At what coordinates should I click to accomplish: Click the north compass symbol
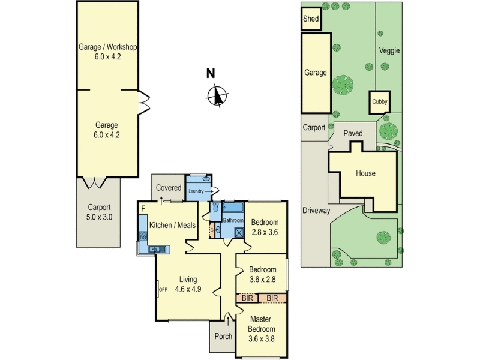[217, 96]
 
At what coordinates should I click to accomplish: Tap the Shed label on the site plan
[311, 19]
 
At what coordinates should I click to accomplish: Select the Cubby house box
[380, 102]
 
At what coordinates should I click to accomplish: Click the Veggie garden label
[389, 50]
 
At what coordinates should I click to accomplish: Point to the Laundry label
[196, 191]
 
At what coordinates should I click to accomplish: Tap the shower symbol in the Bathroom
[239, 233]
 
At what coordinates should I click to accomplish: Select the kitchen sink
[158, 250]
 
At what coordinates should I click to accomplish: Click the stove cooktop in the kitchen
[143, 236]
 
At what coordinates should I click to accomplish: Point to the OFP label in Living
[163, 289]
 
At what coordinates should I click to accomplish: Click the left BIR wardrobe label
[247, 298]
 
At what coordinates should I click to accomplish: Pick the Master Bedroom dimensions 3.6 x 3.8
[262, 339]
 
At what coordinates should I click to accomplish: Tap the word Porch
[223, 336]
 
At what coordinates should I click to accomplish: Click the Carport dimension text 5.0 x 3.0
[99, 217]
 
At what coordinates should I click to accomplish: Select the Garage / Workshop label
[107, 47]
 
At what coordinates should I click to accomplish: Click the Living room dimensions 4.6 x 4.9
[188, 289]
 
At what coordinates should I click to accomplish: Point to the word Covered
[169, 188]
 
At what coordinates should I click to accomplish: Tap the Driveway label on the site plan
[316, 211]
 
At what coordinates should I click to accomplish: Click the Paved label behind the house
[353, 133]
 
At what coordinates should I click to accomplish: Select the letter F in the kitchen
[143, 209]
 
